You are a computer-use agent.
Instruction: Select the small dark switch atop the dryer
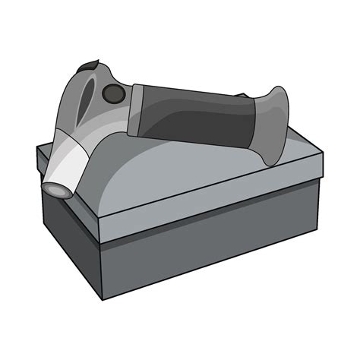pyautogui.click(x=90, y=65)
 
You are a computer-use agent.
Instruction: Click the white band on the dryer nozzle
pyautogui.click(x=73, y=164)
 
